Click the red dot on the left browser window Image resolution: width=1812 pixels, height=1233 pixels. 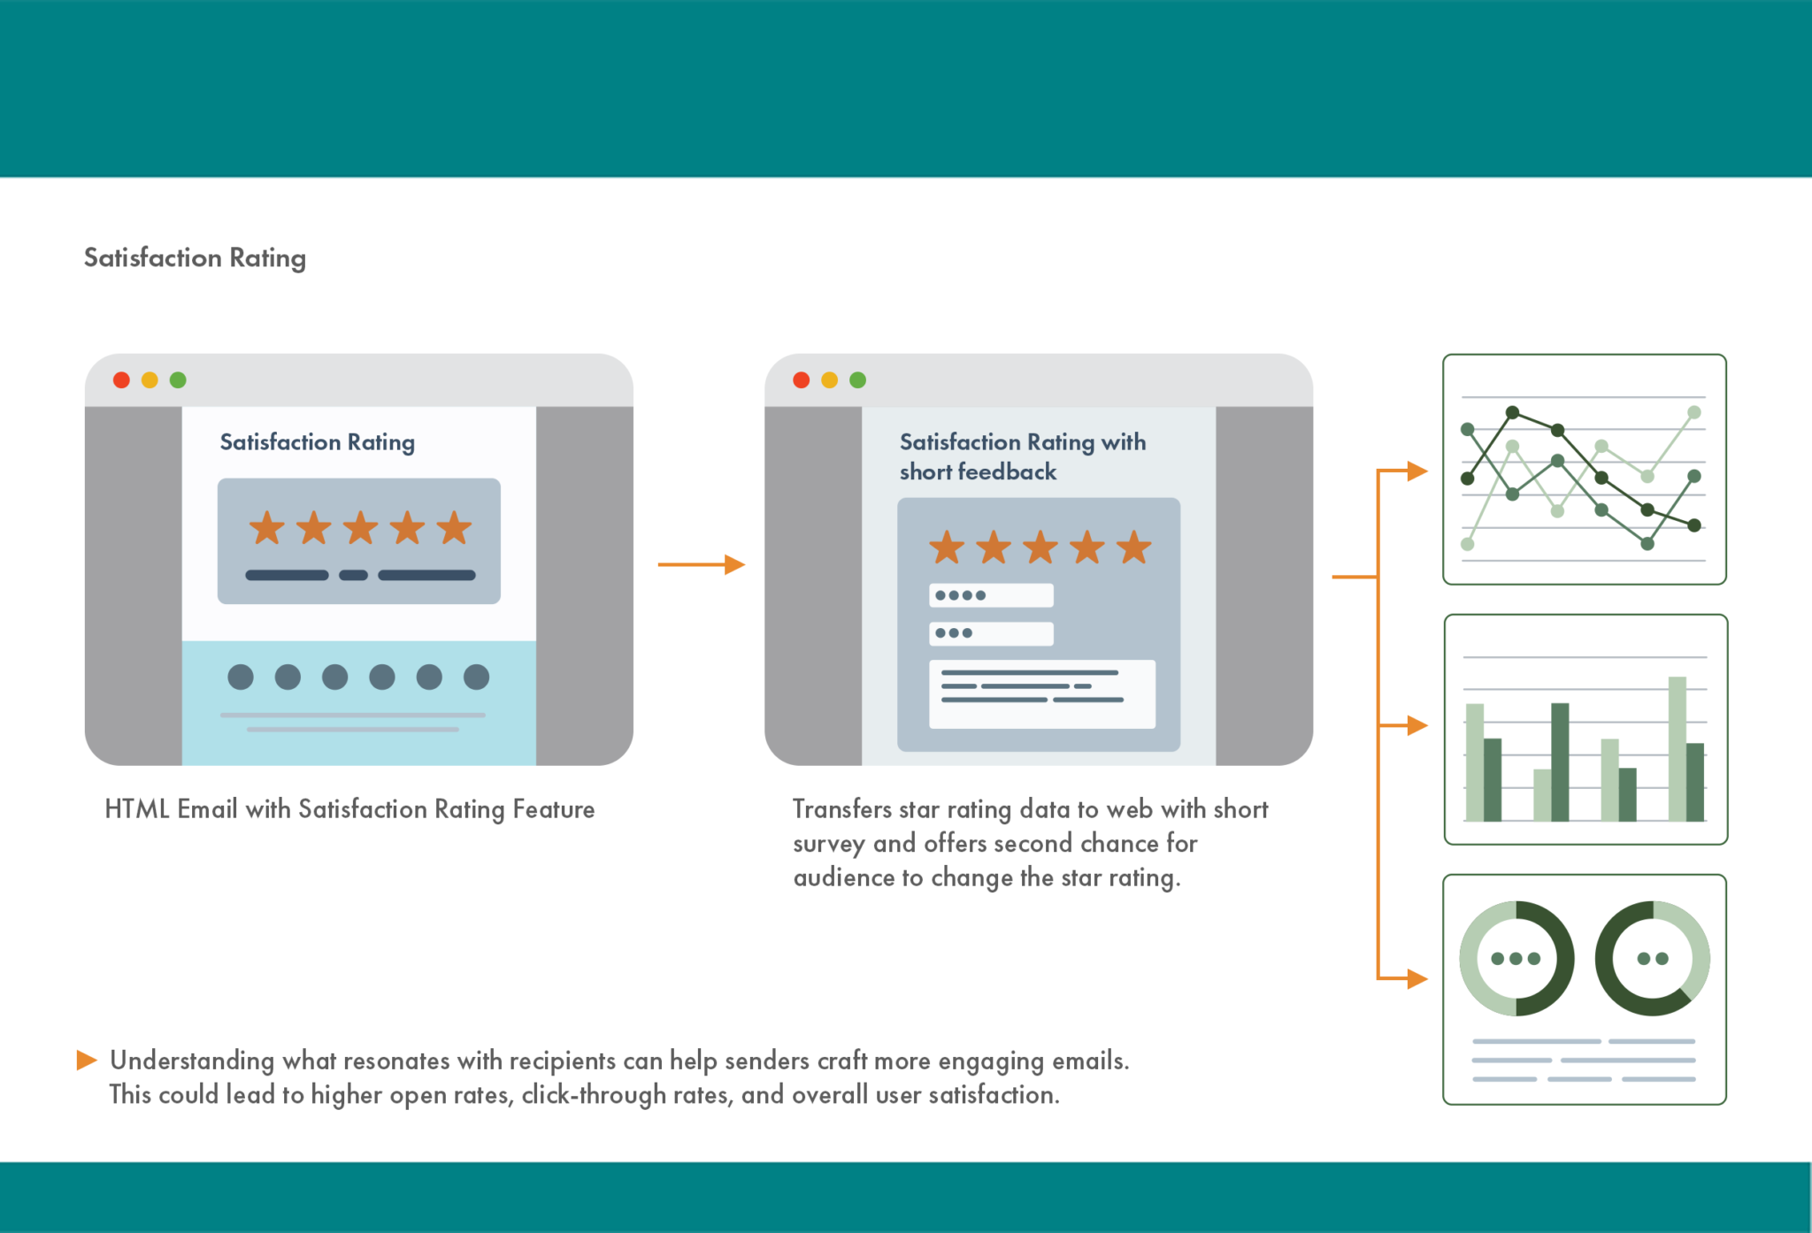(121, 379)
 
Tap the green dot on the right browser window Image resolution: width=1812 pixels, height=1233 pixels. (857, 379)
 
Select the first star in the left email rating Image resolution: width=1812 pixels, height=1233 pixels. (266, 528)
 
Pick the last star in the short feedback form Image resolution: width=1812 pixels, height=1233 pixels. (1133, 548)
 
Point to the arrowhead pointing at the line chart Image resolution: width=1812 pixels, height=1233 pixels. (1417, 471)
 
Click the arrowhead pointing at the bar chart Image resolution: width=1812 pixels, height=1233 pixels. (1417, 725)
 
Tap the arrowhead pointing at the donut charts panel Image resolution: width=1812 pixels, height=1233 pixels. (1417, 979)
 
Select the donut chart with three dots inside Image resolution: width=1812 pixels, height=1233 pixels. (1516, 959)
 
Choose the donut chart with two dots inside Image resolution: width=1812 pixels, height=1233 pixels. (1652, 959)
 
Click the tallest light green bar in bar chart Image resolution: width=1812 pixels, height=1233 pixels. (1677, 748)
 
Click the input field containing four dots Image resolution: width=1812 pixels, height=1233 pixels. (991, 595)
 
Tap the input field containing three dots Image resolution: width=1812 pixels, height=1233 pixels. (991, 633)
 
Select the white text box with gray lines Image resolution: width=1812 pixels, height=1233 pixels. (1041, 694)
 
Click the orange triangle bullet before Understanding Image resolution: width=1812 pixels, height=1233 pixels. (86, 1060)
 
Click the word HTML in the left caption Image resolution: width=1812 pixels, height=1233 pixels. (137, 809)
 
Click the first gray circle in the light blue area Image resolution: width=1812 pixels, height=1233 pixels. (241, 677)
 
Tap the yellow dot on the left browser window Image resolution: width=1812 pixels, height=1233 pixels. (150, 379)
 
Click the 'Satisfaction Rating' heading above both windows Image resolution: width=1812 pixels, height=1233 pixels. (195, 257)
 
